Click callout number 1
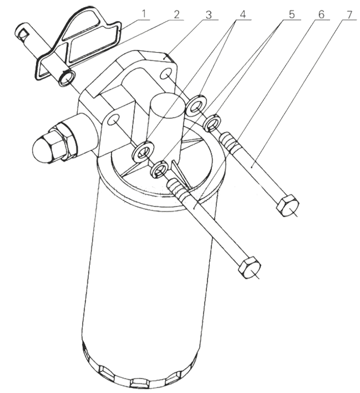point(144,14)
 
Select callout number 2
point(177,14)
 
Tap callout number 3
point(208,15)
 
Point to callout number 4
point(242,14)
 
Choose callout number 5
point(292,14)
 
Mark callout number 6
point(321,14)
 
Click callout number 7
point(349,14)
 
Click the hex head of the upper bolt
point(288,206)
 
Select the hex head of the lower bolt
point(250,268)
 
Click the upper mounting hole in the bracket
point(166,74)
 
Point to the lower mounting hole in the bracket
point(113,119)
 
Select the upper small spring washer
point(212,123)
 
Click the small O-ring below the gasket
point(67,78)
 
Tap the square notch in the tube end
point(24,33)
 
